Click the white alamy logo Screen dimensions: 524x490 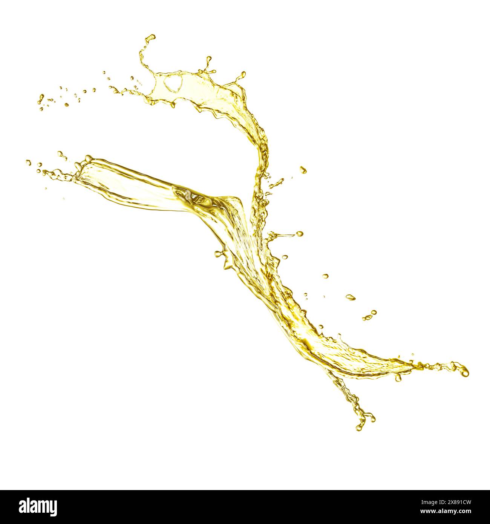point(38,507)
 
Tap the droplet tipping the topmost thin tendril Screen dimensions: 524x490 point(152,37)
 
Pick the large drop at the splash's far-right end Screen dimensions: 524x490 point(465,371)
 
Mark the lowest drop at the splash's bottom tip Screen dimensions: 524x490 point(359,428)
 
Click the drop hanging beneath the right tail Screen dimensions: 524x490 point(398,378)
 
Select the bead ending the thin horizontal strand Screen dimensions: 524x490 point(300,234)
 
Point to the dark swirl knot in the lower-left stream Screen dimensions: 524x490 point(199,199)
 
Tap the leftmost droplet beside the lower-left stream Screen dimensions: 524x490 point(28,162)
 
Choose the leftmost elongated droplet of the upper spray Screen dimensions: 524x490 point(41,98)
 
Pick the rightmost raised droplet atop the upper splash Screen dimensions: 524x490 point(243,74)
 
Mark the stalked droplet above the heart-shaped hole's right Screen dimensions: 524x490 point(208,59)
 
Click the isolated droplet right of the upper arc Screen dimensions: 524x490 point(303,170)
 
